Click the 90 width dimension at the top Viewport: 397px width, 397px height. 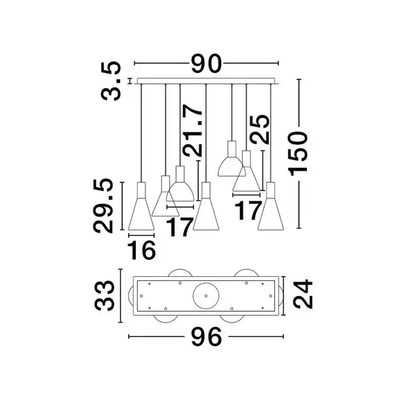coord(207,63)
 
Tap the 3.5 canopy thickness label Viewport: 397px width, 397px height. coord(111,81)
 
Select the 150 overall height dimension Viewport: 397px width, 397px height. coord(297,153)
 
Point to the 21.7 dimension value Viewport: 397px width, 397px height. coord(193,130)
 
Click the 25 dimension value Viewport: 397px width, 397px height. coord(259,130)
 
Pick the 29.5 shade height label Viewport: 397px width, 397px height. coord(103,205)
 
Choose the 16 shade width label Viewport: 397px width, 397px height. coord(141,250)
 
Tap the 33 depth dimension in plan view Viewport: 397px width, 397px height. coord(104,295)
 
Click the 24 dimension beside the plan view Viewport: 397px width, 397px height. coord(303,294)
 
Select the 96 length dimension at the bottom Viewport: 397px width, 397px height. coord(207,337)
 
